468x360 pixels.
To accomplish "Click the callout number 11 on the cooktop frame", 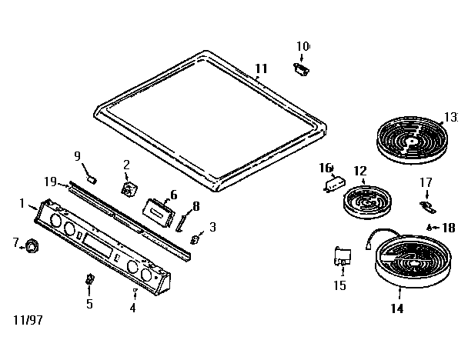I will point(262,68).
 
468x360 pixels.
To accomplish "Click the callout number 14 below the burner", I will point(396,309).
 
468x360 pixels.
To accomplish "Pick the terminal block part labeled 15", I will point(339,256).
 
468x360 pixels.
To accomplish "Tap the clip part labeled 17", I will point(428,207).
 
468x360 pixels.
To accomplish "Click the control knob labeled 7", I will point(32,245).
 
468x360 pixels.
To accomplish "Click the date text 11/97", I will point(28,318).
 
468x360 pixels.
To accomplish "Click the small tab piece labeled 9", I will point(91,177).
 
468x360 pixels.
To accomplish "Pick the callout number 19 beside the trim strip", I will point(50,182).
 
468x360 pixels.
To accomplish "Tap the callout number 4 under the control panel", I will point(132,308).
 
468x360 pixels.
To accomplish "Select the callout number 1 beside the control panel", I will point(22,203).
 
